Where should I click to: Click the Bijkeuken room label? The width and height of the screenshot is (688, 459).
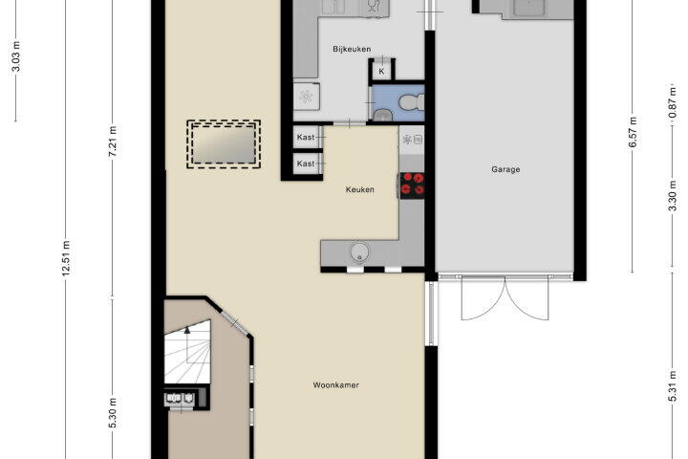352,49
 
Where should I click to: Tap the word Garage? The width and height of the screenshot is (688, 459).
505,169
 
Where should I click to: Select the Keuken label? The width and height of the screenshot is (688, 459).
360,189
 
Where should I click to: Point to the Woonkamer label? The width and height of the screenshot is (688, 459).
336,385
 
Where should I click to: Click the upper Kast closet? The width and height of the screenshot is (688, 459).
308,138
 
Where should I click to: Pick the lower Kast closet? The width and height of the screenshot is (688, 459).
308,164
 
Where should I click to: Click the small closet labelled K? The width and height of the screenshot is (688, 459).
381,71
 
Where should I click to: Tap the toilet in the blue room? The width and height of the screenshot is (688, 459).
412,102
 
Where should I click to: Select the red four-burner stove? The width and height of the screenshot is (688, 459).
412,184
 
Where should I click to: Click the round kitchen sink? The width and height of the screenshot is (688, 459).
360,252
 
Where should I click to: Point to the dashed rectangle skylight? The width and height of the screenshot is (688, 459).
224,144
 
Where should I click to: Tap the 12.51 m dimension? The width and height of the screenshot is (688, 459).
66,259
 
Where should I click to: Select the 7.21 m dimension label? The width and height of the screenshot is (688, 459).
113,141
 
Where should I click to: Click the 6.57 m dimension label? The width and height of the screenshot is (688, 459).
633,132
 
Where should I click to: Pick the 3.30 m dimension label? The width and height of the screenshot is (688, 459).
672,195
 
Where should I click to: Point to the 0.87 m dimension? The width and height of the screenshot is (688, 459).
672,102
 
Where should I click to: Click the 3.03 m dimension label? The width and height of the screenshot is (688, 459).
16,55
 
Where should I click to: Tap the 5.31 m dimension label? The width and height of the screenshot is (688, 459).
672,386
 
